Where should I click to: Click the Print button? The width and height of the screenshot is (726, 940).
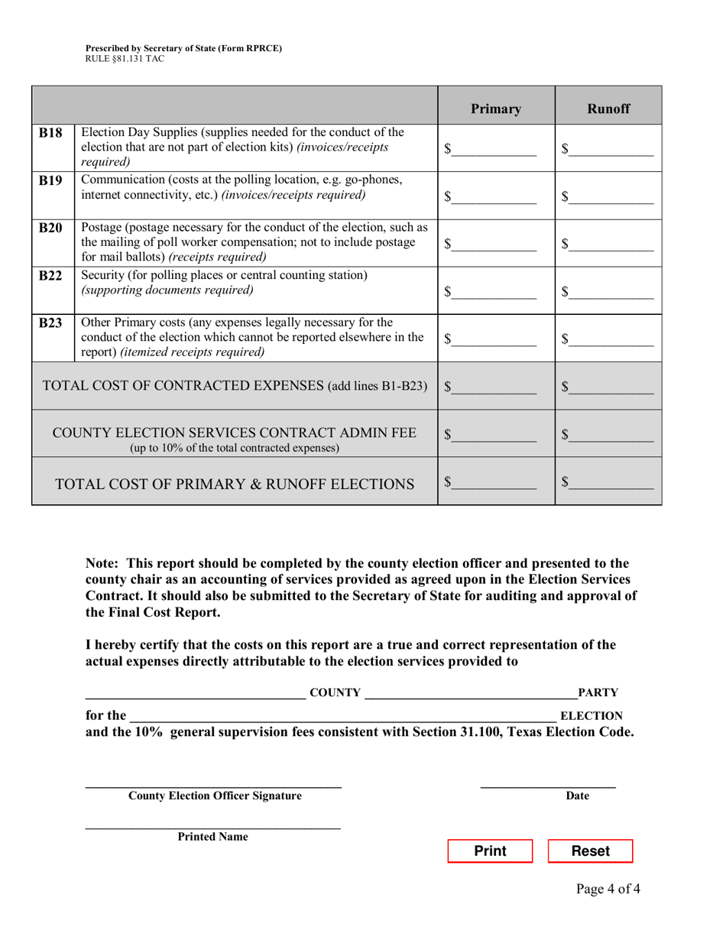click(x=490, y=851)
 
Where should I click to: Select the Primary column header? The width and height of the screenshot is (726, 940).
click(x=496, y=109)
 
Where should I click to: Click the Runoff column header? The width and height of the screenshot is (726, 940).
click(x=608, y=109)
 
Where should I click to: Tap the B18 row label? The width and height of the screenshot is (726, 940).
click(x=52, y=131)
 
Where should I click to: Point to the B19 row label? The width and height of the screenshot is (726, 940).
click(x=52, y=180)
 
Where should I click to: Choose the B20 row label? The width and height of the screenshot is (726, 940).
click(x=52, y=228)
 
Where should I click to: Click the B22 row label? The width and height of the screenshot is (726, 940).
click(x=52, y=275)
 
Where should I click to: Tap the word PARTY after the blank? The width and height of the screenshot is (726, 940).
click(x=598, y=693)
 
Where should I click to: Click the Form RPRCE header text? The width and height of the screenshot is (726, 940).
click(x=183, y=48)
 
